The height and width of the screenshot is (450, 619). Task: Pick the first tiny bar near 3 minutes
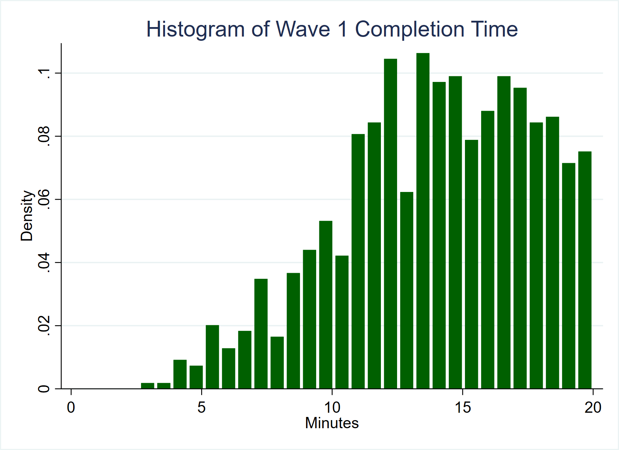(x=147, y=386)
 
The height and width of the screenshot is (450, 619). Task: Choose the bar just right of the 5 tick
(x=212, y=357)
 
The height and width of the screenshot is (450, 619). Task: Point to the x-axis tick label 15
(x=463, y=407)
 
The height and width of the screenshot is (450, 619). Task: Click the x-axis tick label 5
(x=201, y=407)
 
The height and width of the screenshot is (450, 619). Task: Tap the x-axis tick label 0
(x=71, y=407)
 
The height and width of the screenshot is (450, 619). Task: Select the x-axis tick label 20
(x=593, y=407)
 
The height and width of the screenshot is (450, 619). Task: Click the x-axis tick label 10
(x=332, y=407)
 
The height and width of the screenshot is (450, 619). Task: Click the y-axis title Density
(x=27, y=216)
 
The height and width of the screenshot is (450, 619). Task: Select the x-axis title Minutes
(x=332, y=423)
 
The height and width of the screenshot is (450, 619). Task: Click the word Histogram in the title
(x=195, y=29)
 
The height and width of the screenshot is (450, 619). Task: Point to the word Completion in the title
(x=409, y=29)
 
